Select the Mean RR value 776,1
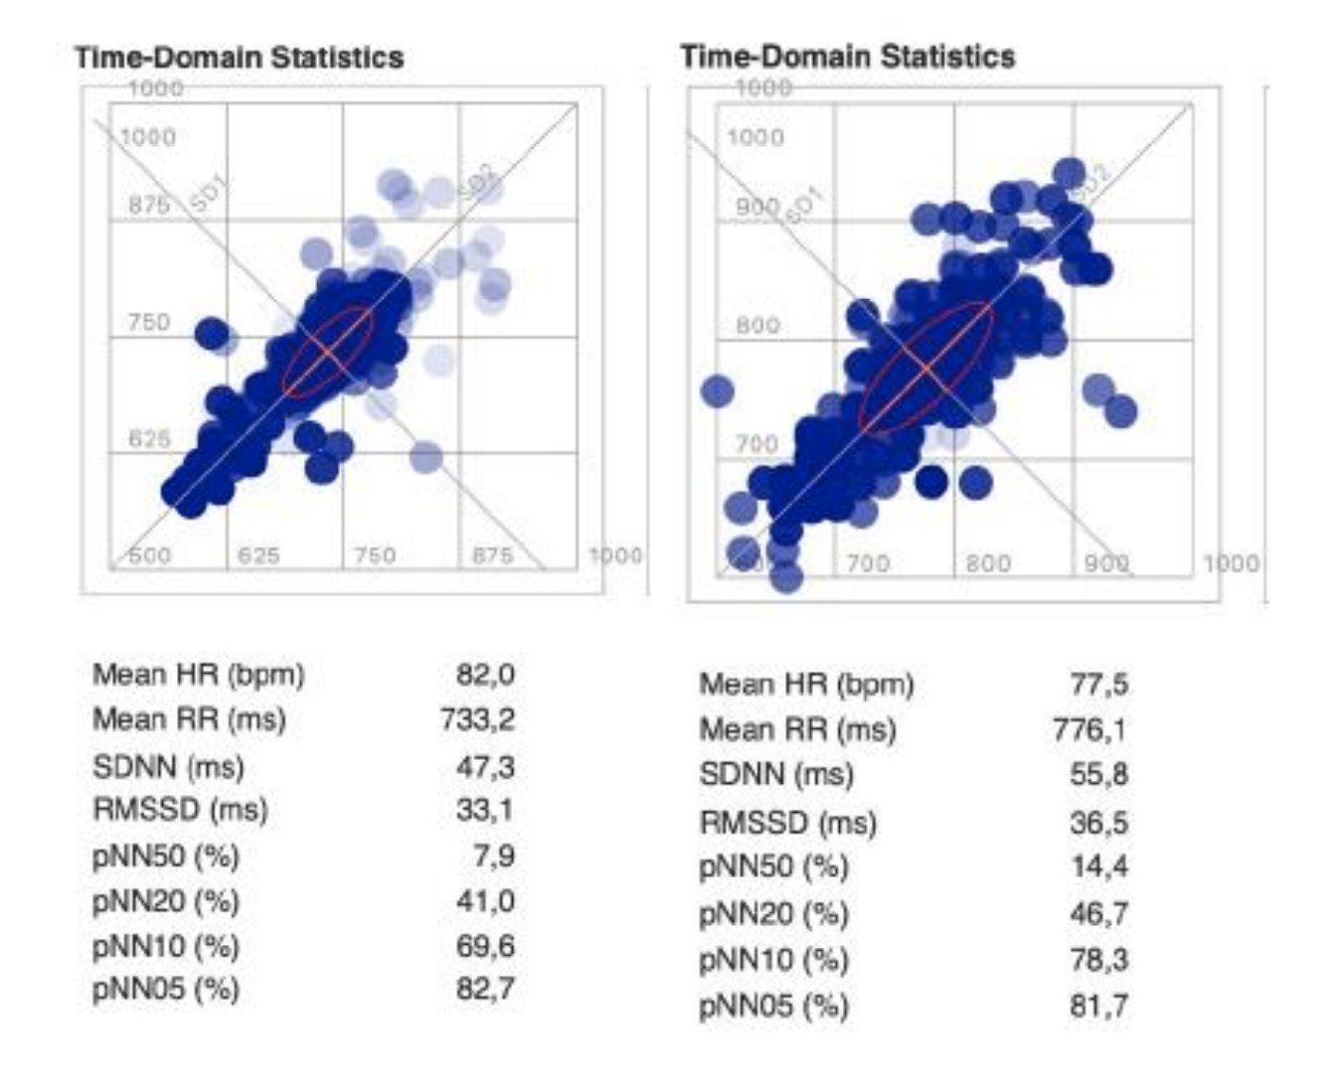pos(1090,730)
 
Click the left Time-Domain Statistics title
pos(240,58)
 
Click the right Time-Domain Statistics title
pos(848,57)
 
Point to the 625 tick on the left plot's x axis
pos(258,554)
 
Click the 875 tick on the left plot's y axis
pos(149,207)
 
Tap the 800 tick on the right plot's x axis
pos(988,563)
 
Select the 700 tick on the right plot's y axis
pos(756,443)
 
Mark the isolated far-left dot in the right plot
pos(717,391)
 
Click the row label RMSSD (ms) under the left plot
pos(180,810)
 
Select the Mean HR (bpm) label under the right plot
pos(806,685)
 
